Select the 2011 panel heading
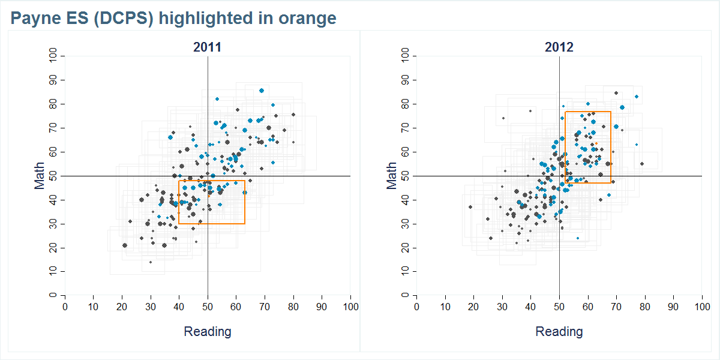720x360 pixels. [207, 47]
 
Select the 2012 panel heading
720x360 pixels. [559, 47]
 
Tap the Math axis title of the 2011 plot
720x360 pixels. [40, 176]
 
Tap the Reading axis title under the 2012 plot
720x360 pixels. [559, 332]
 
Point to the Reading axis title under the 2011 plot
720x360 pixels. [207, 332]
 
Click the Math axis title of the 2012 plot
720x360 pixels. [392, 176]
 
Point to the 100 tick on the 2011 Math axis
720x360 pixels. [53, 56]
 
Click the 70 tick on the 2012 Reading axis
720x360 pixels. [616, 307]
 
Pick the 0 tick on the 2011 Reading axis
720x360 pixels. [65, 307]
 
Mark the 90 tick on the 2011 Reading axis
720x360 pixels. [322, 307]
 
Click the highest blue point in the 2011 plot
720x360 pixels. [262, 91]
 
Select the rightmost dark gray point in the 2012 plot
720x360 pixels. [642, 164]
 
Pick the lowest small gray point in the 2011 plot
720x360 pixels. [151, 262]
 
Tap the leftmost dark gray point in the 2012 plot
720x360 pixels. [470, 207]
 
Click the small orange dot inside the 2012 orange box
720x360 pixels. [596, 143]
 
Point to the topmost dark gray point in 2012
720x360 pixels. [616, 93]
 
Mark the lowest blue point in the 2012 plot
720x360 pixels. [578, 238]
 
